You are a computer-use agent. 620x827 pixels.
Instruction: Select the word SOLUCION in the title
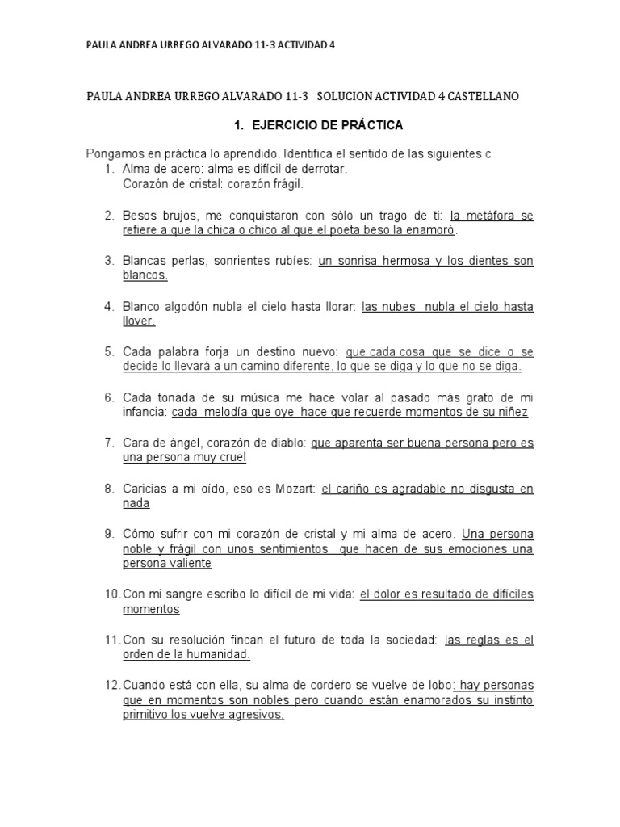[x=345, y=96]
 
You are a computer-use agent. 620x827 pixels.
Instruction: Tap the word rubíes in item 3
[x=287, y=261]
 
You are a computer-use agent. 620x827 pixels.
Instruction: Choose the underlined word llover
[x=138, y=321]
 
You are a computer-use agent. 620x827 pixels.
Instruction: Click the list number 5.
[x=109, y=352]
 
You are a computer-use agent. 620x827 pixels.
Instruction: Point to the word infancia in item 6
[x=145, y=412]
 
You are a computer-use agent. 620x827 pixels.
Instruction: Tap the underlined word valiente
[x=191, y=564]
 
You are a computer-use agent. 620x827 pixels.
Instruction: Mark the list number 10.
[x=111, y=594]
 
